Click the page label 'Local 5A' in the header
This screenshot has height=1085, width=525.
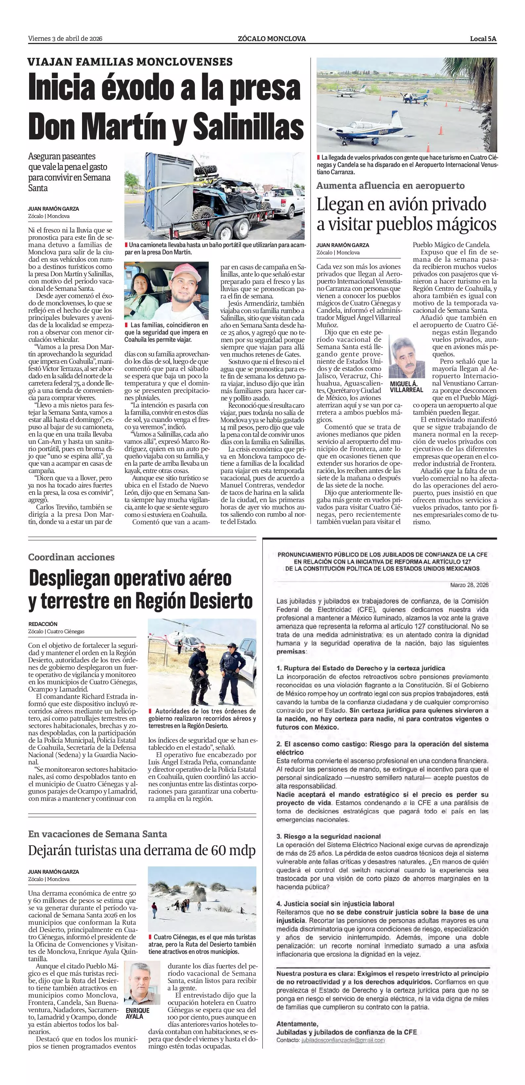point(483,39)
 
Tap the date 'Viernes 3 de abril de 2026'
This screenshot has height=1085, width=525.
point(65,39)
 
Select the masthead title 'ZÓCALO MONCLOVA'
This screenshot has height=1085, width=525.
point(271,39)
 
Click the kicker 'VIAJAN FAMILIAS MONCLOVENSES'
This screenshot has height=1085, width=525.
point(130,62)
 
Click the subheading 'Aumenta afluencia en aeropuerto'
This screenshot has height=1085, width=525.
point(390,186)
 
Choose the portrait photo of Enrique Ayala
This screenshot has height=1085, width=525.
point(142,984)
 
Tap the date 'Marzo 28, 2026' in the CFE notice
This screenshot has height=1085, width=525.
point(469,585)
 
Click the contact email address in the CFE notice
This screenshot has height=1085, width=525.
point(342,1040)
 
